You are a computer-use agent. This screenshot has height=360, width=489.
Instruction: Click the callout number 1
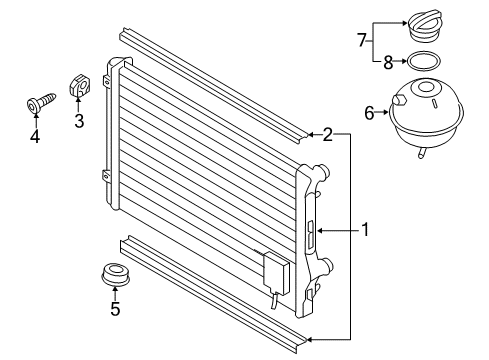[366, 230]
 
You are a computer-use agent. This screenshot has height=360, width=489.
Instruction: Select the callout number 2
[327, 135]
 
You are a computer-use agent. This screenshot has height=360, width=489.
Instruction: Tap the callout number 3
[79, 121]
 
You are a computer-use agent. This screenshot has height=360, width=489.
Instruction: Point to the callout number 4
[35, 136]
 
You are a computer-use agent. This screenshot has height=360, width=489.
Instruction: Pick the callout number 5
[115, 309]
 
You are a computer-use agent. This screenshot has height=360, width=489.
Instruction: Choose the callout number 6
[369, 113]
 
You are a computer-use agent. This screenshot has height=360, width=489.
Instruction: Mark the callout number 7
[362, 40]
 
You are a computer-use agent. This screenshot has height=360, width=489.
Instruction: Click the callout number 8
[388, 62]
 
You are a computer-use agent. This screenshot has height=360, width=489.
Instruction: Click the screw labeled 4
[41, 102]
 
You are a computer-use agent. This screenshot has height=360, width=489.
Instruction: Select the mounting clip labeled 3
[79, 86]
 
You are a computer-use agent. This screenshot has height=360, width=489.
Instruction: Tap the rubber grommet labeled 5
[115, 274]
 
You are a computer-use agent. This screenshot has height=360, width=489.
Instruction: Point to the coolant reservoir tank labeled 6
[426, 112]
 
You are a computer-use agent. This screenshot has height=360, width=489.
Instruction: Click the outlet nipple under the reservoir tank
[422, 152]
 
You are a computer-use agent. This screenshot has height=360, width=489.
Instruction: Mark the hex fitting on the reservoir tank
[399, 100]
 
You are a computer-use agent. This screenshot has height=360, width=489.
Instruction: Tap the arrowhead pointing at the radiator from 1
[320, 230]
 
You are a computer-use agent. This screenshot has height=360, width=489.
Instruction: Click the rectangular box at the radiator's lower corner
[277, 273]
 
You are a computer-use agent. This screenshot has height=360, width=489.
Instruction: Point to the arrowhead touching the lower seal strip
[309, 340]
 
